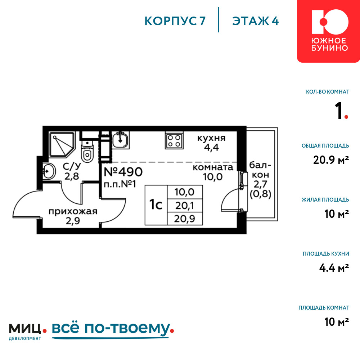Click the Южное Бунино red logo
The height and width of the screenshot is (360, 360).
pyautogui.click(x=328, y=31)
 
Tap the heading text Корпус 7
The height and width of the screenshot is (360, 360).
pyautogui.click(x=175, y=21)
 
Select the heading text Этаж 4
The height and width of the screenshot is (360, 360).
pyautogui.click(x=255, y=21)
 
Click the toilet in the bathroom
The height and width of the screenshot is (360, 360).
pyautogui.click(x=87, y=152)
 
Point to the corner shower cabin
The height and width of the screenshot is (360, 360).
pyautogui.click(x=62, y=144)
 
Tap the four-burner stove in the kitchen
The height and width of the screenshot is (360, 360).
pyautogui.click(x=174, y=141)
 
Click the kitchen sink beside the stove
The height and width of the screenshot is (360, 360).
pyautogui.click(x=120, y=140)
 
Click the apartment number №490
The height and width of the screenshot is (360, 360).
pyautogui.click(x=123, y=172)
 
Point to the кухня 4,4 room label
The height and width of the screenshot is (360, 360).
pyautogui.click(x=211, y=143)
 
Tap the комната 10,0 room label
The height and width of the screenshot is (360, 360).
pyautogui.click(x=213, y=172)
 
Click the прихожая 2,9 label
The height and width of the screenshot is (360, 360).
pyautogui.click(x=73, y=216)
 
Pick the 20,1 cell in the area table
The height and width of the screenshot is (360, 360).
pyautogui.click(x=185, y=206)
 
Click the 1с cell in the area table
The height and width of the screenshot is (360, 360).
pyautogui.click(x=156, y=205)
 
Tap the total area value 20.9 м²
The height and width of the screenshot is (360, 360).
pyautogui.click(x=331, y=160)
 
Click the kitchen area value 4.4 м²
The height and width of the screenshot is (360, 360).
pyautogui.click(x=334, y=268)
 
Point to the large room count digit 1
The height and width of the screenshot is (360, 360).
pyautogui.click(x=339, y=111)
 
